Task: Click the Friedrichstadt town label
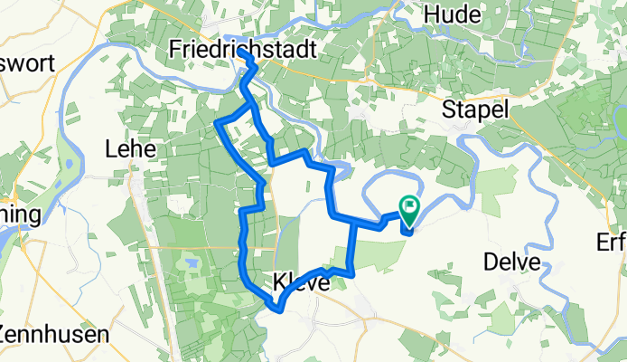(243, 52)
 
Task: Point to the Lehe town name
(132, 148)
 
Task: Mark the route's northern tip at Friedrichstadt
(242, 52)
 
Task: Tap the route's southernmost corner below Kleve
(280, 310)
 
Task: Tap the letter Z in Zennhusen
(5, 333)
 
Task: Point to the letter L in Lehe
(112, 148)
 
